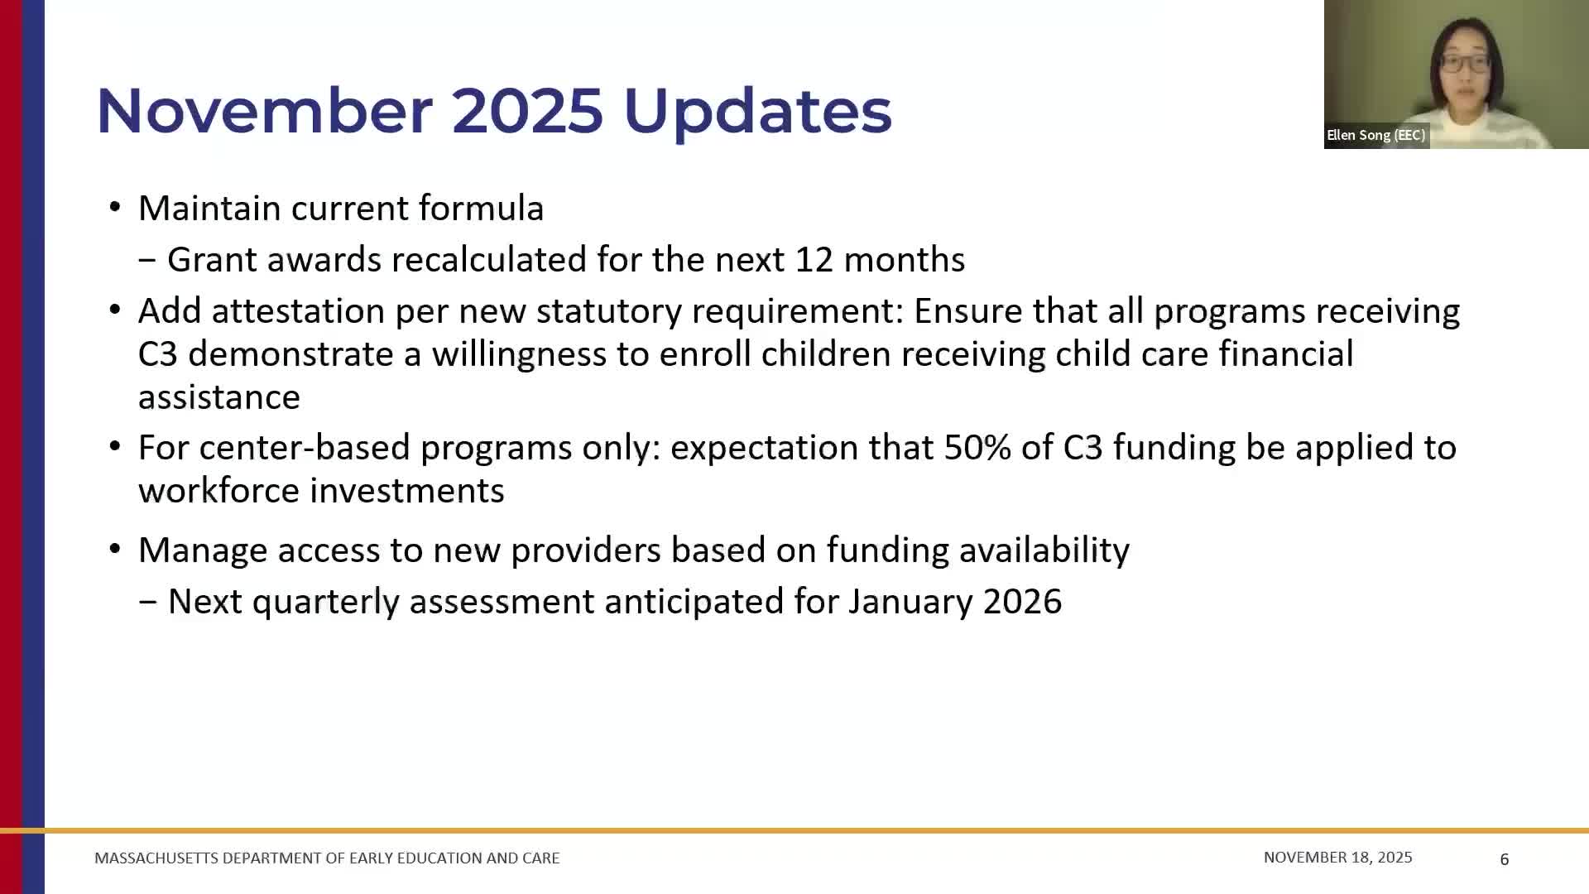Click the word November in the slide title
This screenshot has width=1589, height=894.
click(263, 110)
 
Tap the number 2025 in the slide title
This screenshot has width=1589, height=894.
click(527, 110)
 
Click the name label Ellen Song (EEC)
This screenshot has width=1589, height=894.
click(1375, 135)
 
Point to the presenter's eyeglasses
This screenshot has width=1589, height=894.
click(1464, 62)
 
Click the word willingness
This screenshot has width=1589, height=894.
click(519, 354)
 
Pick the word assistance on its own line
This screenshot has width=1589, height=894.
click(218, 397)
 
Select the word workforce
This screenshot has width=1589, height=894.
click(219, 491)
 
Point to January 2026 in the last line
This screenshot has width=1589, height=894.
click(954, 602)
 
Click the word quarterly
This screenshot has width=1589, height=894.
click(325, 602)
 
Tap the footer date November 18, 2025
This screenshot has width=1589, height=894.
click(1337, 858)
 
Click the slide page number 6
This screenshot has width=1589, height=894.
click(1504, 859)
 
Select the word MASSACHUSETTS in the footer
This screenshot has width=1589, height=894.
click(156, 858)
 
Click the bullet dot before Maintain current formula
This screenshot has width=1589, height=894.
click(115, 208)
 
